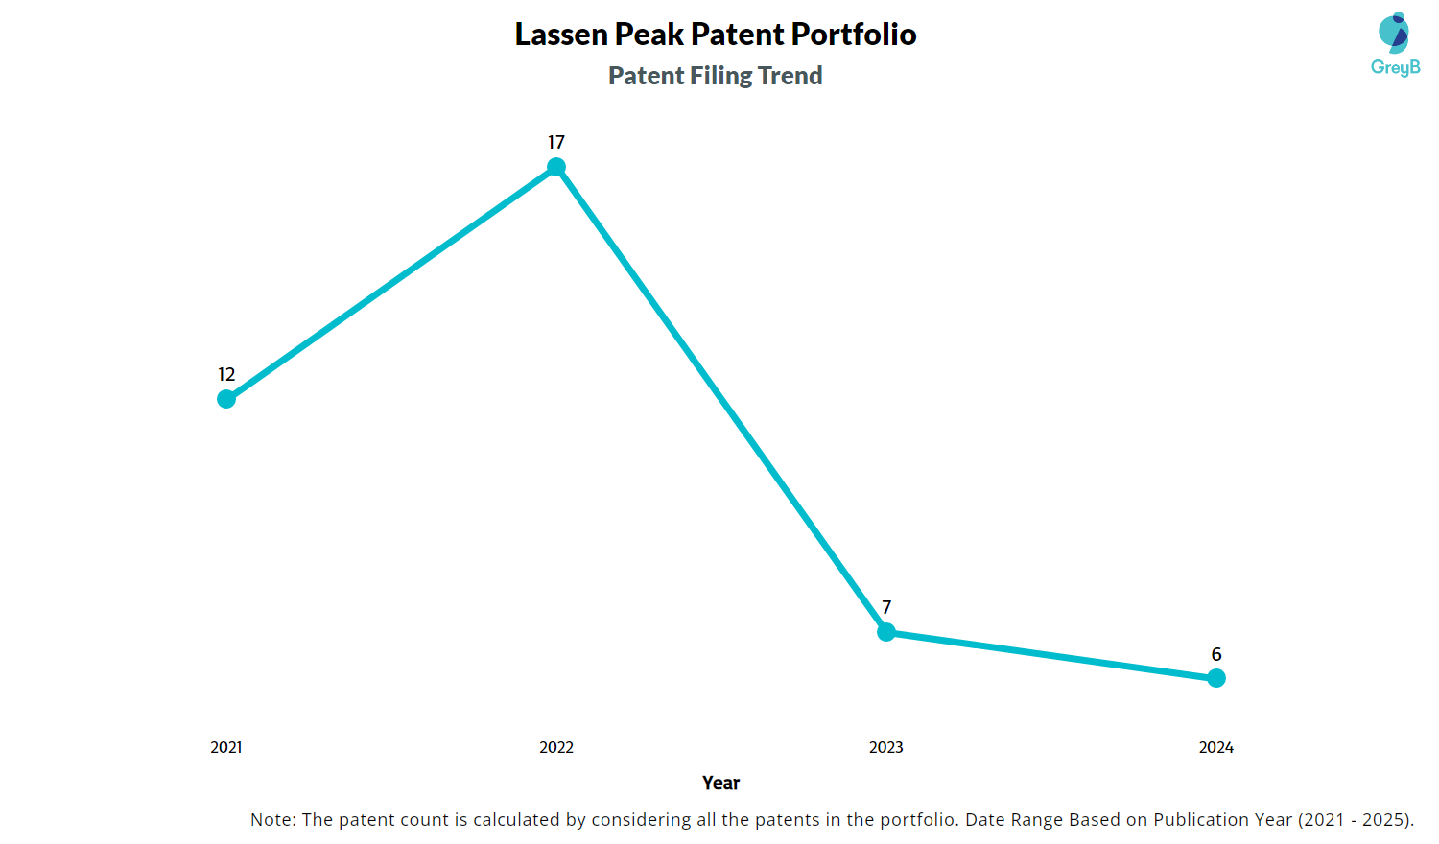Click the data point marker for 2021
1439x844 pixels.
226,399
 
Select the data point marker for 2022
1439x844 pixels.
556,167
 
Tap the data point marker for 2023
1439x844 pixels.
886,632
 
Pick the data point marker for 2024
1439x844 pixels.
1216,678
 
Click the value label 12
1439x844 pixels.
226,375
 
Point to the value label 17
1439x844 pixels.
556,143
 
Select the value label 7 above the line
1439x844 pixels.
886,608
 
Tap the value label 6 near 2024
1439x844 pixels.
1216,655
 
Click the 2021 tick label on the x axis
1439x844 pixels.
226,748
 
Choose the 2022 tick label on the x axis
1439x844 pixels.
556,748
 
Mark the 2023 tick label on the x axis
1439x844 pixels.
886,748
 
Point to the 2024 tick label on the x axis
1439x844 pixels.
1216,748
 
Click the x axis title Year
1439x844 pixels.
720,784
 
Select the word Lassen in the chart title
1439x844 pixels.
561,35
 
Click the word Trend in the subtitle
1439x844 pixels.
790,76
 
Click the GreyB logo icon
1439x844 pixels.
1394,33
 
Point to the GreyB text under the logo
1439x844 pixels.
1395,67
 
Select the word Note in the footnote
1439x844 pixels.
271,820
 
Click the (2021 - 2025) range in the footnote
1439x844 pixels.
1355,820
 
